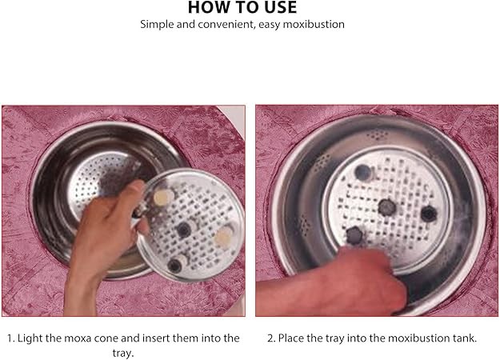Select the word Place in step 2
point(291,338)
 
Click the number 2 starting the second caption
point(270,338)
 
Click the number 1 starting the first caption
point(10,338)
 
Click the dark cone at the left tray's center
point(184,230)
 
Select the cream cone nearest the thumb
point(163,198)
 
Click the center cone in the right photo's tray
point(387,207)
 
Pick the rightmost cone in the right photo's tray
point(429,214)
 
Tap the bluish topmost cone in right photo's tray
point(364,173)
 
